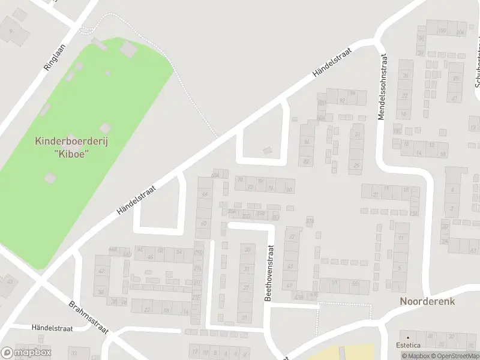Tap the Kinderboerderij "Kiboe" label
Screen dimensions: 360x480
pyautogui.click(x=71, y=147)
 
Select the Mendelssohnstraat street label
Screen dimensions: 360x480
pyautogui.click(x=382, y=87)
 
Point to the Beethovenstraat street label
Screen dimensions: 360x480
pyautogui.click(x=269, y=272)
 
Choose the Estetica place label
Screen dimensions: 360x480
pyautogui.click(x=407, y=345)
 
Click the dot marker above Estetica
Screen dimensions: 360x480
pyautogui.click(x=407, y=337)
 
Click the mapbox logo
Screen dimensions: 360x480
pyautogui.click(x=26, y=353)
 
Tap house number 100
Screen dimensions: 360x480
pyautogui.click(x=442, y=31)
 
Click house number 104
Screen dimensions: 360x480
pyautogui.click(x=460, y=32)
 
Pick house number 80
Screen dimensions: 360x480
pyautogui.click(x=289, y=190)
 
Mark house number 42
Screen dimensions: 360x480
pyautogui.click(x=101, y=271)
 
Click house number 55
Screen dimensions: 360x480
pyautogui.click(x=355, y=283)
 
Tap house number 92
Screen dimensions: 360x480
pyautogui.click(x=343, y=100)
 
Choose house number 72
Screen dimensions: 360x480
pyautogui.click(x=250, y=188)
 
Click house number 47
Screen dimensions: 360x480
pyautogui.click(x=290, y=285)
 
